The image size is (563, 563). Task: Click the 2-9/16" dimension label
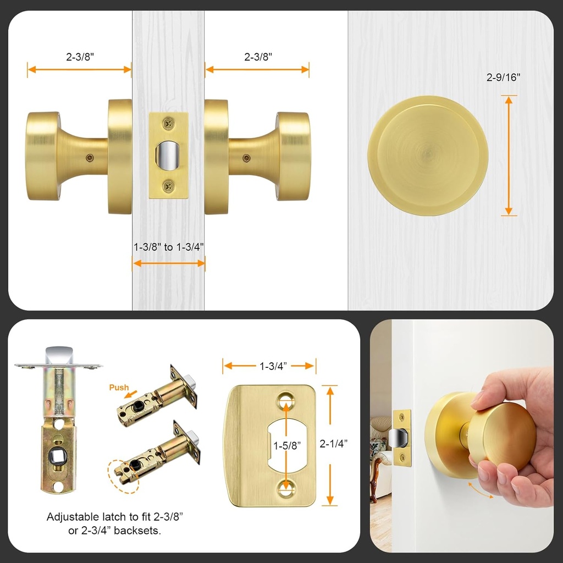pos(503,78)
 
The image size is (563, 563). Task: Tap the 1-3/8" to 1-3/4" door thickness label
pos(169,247)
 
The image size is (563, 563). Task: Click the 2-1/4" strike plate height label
pos(333,444)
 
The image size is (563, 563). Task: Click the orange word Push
pos(119,388)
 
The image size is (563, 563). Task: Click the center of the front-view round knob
pos(428,156)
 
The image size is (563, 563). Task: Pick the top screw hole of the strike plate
pos(286,400)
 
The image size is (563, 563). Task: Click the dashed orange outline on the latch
pos(123,474)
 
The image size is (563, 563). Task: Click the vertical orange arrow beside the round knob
pos(509,155)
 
